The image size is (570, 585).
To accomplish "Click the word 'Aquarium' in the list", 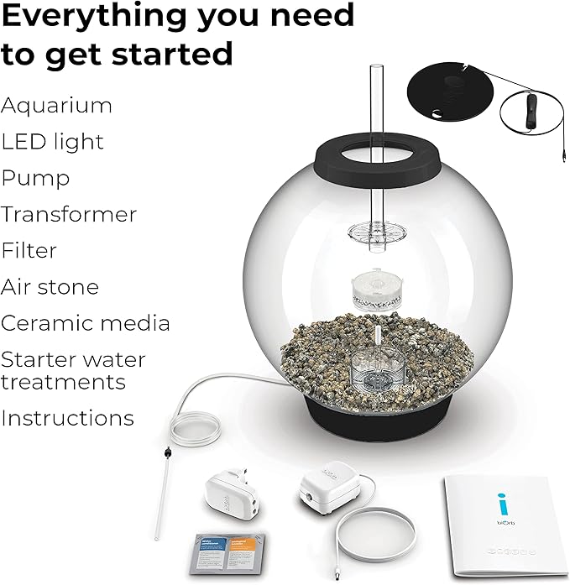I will (x=56, y=107).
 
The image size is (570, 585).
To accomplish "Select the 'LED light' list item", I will (x=52, y=143).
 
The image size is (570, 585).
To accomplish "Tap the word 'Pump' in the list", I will (x=35, y=179).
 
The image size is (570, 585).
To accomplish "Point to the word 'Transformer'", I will (x=69, y=215).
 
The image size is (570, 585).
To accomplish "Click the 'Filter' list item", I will (x=29, y=251).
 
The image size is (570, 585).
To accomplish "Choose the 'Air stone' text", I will (x=50, y=287).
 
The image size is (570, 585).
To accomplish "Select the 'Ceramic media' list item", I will (x=86, y=323).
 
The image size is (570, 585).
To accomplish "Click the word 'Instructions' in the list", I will (x=67, y=418).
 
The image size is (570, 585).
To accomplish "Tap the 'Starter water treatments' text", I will (x=73, y=371).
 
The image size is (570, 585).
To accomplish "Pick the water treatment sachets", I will (x=227, y=551).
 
